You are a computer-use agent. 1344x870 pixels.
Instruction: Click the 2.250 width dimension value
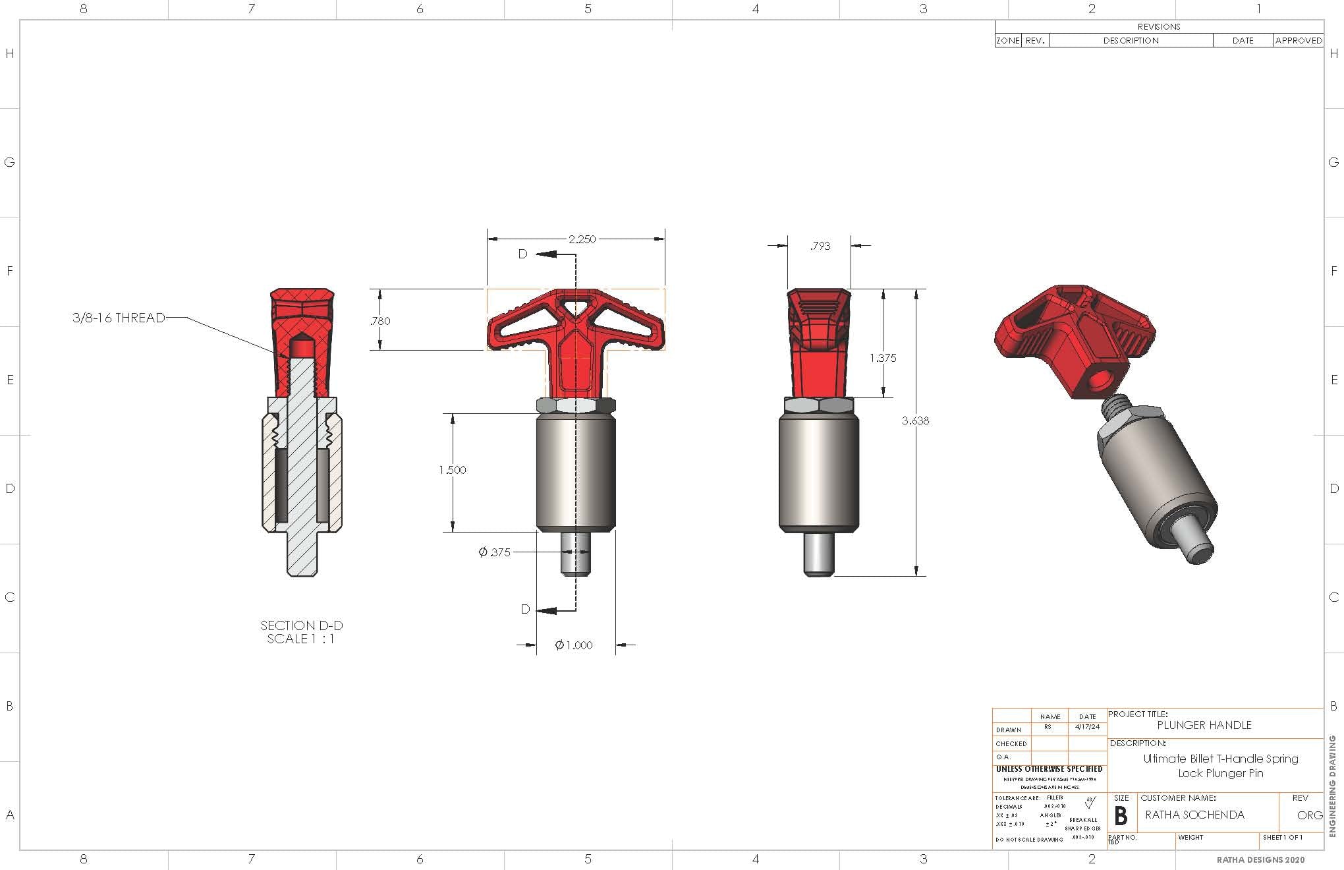pyautogui.click(x=582, y=239)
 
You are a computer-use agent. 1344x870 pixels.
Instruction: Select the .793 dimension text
pyautogui.click(x=820, y=246)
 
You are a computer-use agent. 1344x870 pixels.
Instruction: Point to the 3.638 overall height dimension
pyautogui.click(x=915, y=420)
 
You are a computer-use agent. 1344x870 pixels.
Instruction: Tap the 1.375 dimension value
pyautogui.click(x=883, y=358)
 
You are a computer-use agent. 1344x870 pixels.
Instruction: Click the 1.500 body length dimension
pyautogui.click(x=452, y=470)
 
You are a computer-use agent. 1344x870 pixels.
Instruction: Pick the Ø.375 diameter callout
pyautogui.click(x=495, y=552)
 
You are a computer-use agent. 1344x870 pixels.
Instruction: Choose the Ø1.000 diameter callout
pyautogui.click(x=574, y=645)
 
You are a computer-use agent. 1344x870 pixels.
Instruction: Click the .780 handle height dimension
pyautogui.click(x=380, y=321)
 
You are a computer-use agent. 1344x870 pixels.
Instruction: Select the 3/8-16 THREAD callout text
pyautogui.click(x=119, y=318)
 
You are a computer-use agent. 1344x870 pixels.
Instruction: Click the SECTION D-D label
pyautogui.click(x=302, y=625)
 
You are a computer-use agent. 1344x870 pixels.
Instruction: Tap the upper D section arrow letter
pyautogui.click(x=522, y=254)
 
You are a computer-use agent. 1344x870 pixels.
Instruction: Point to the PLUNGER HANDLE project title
pyautogui.click(x=1204, y=725)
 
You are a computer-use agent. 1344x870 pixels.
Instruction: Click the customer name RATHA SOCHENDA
pyautogui.click(x=1194, y=815)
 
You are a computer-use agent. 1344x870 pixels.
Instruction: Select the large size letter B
pyautogui.click(x=1121, y=816)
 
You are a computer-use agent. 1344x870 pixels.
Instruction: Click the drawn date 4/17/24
pyautogui.click(x=1087, y=727)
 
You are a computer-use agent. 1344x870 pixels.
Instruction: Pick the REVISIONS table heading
pyautogui.click(x=1159, y=27)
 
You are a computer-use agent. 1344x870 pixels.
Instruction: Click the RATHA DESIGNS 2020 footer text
pyautogui.click(x=1260, y=859)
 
